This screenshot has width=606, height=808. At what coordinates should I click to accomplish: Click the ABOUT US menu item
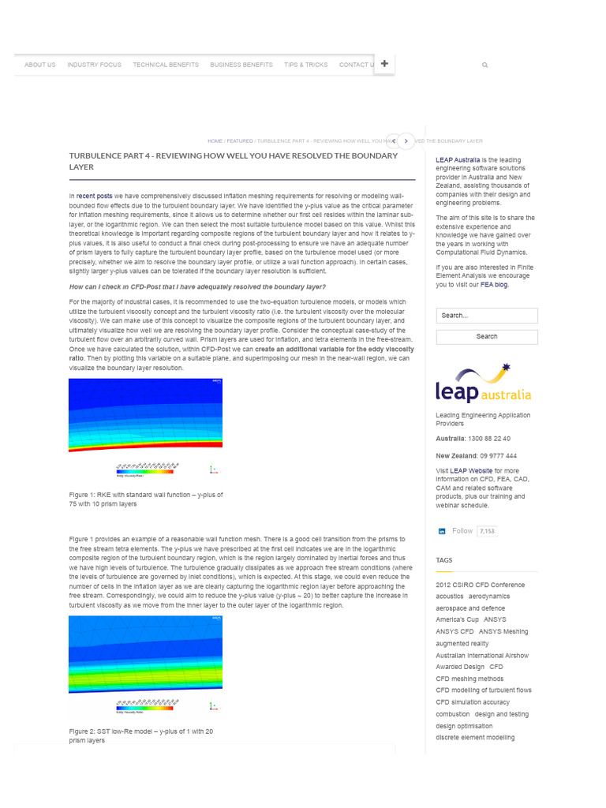[39, 65]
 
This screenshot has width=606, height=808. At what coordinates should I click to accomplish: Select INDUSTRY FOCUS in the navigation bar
[94, 65]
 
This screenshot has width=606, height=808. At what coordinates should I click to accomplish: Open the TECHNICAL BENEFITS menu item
[166, 65]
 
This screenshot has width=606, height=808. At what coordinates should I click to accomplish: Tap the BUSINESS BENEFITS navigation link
[241, 65]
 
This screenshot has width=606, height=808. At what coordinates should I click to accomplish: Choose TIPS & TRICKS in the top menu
[306, 65]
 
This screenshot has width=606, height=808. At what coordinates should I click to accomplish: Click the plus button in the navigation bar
[384, 64]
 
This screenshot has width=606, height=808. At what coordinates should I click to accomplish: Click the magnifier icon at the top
[484, 65]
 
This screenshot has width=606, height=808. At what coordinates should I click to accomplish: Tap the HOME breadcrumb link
[215, 141]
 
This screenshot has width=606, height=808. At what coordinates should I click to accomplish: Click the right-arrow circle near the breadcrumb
[406, 141]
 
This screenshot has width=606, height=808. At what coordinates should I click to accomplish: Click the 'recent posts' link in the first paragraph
[94, 195]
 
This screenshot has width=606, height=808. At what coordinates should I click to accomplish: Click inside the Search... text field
[486, 316]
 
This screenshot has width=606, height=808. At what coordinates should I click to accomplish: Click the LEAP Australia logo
[483, 383]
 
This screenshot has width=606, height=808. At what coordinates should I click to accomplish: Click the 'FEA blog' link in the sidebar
[496, 285]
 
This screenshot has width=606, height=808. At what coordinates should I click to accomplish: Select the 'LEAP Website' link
[475, 470]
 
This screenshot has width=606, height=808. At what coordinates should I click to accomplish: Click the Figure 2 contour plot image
[145, 654]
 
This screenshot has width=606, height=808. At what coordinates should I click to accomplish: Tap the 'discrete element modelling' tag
[475, 738]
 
